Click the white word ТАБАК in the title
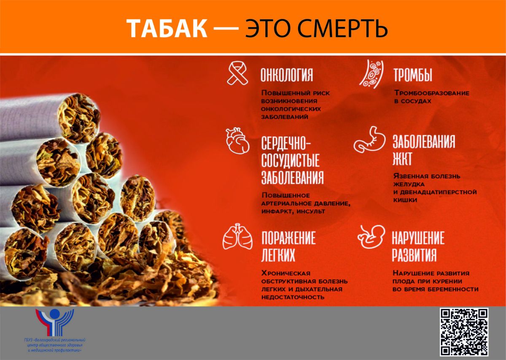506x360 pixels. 167,29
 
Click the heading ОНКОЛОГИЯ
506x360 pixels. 287,75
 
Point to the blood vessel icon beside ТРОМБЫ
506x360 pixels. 371,74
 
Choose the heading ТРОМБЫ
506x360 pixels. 413,75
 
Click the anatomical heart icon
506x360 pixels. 238,141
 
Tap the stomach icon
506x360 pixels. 369,139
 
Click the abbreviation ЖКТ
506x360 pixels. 402,159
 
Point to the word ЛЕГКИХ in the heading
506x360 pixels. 278,255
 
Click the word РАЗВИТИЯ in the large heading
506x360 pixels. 414,255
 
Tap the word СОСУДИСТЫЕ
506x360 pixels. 290,160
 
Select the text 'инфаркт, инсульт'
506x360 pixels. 293,211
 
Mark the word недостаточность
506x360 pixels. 293,297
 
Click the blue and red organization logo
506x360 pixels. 55,322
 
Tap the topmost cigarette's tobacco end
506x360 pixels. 79,118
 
